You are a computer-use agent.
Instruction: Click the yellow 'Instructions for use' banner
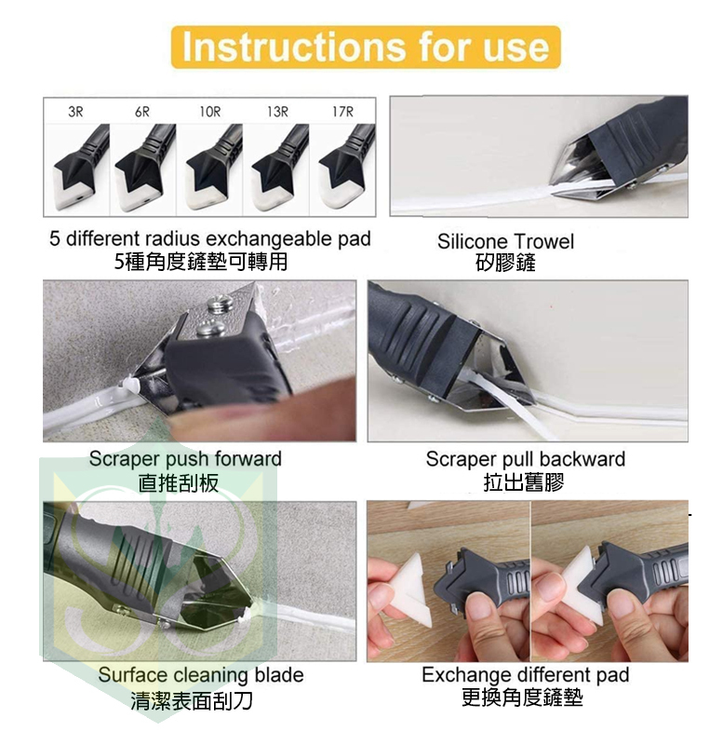(x=366, y=47)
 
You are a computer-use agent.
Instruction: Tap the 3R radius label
(x=75, y=112)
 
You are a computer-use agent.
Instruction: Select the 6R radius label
(x=142, y=112)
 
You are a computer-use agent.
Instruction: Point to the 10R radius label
(x=209, y=112)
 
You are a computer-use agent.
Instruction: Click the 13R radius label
(x=277, y=112)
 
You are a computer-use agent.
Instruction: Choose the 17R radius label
(x=342, y=112)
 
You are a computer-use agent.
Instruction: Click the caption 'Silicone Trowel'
(x=505, y=241)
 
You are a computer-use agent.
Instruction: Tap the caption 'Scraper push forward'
(x=185, y=459)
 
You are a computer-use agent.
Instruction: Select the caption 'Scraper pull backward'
(x=525, y=459)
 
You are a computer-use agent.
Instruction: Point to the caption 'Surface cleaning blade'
(x=201, y=675)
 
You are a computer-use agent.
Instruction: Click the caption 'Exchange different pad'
(x=526, y=674)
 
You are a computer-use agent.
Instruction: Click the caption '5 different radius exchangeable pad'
(x=209, y=238)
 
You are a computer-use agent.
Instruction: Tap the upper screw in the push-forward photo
(x=221, y=305)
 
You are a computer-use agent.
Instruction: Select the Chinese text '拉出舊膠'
(x=524, y=482)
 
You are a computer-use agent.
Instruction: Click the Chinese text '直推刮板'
(x=179, y=483)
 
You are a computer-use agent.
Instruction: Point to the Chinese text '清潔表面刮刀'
(x=192, y=700)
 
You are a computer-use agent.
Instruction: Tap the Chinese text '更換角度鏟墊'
(x=522, y=698)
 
